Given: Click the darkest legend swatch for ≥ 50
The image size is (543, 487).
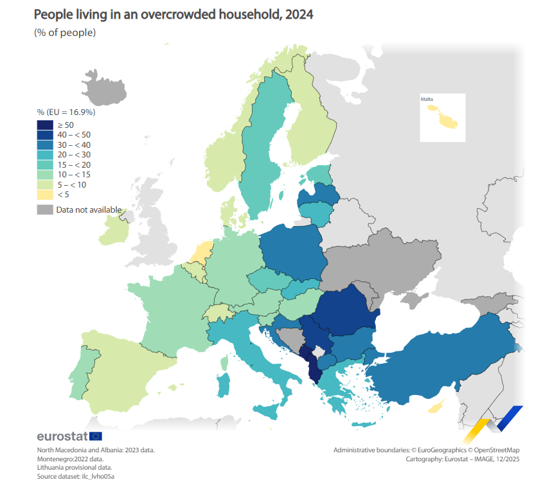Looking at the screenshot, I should [x=45, y=125].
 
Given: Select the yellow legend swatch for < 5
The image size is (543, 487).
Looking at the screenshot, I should [x=45, y=195].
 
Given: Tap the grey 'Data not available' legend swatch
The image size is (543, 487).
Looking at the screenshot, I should [x=45, y=209].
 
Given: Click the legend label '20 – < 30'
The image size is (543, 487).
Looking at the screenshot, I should [x=75, y=155].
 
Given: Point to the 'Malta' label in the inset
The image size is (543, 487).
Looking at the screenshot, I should [x=427, y=100].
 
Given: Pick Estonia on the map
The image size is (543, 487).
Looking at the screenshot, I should [x=319, y=173].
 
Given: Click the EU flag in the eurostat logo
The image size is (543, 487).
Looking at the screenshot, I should [x=95, y=436].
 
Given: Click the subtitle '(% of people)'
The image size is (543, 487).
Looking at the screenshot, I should [x=65, y=33].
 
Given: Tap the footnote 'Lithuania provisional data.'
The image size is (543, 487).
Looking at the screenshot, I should [x=75, y=468].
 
